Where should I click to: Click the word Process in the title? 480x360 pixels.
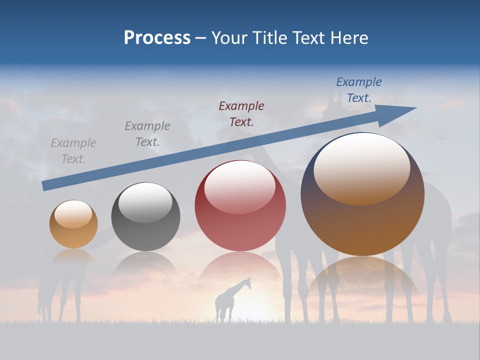pos(157,38)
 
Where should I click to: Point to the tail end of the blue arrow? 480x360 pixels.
pos(45,185)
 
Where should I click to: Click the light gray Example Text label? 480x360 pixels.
pos(73,151)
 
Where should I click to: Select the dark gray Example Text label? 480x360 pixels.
pos(147,134)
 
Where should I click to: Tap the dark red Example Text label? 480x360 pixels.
pos(241,113)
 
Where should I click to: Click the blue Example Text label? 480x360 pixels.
pos(359,90)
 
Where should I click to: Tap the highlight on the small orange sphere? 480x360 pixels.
pos(73,214)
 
